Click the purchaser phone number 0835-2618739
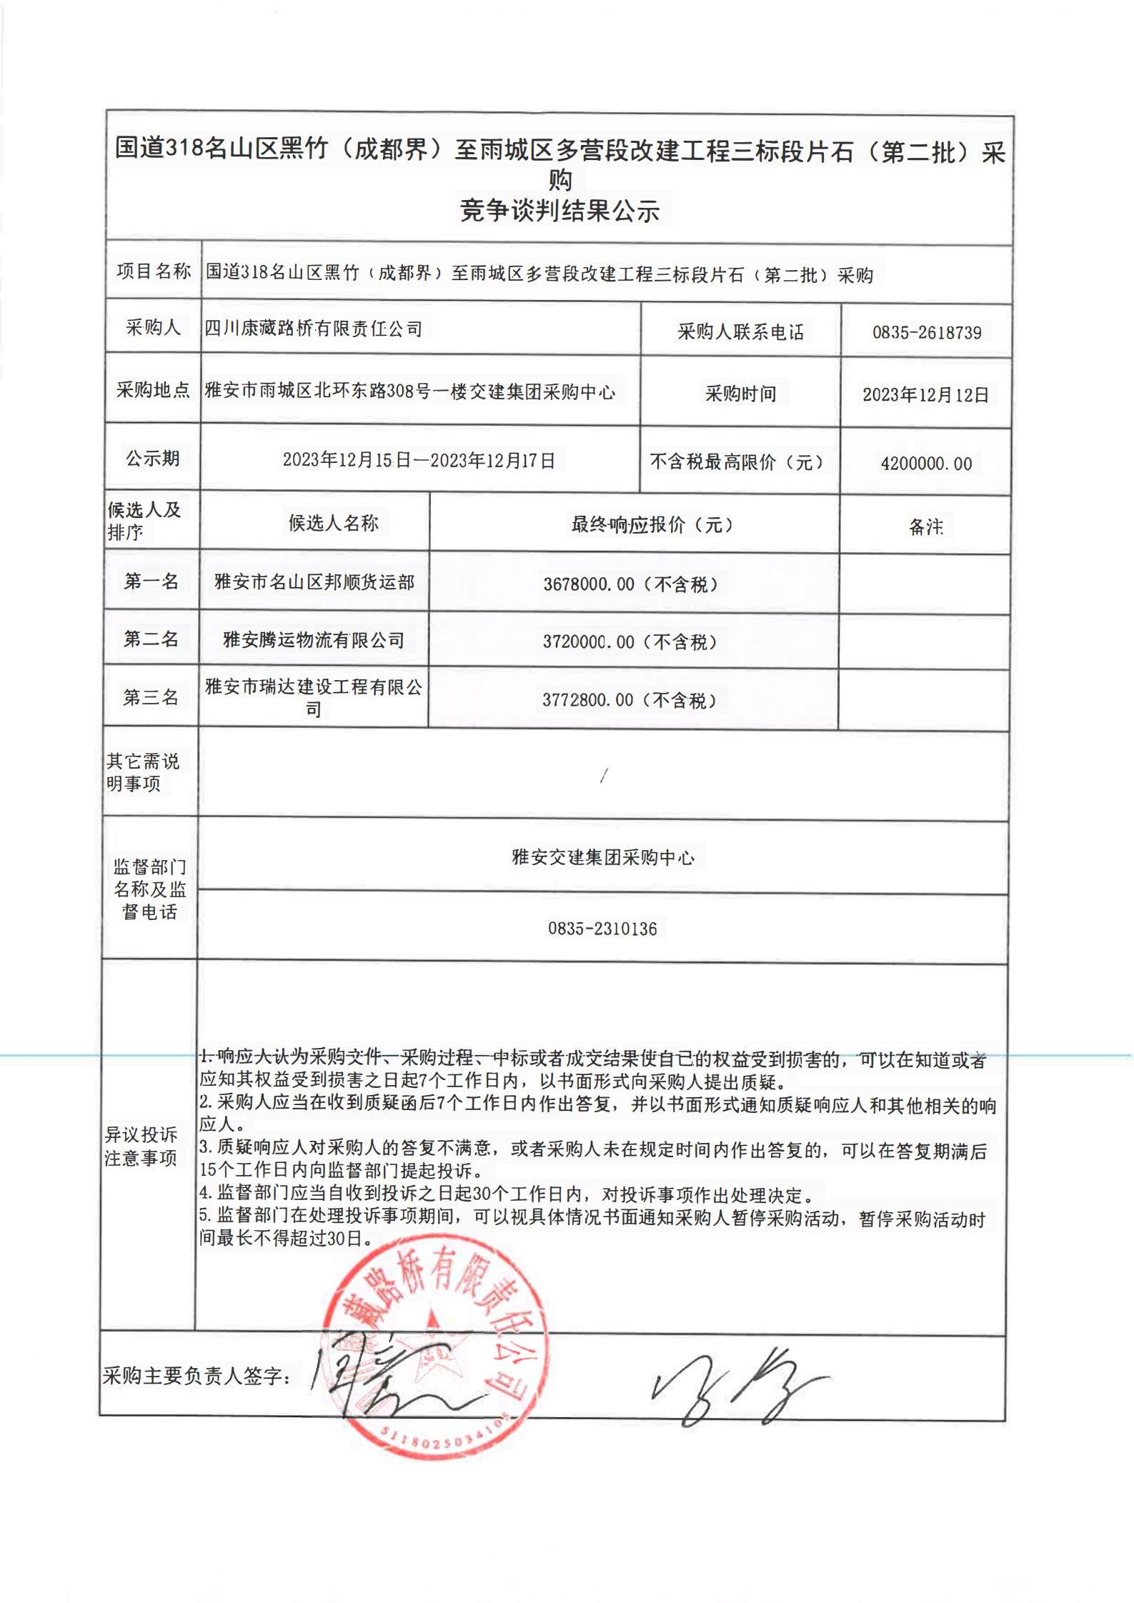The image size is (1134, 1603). coord(926,332)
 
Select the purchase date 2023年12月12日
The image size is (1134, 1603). coord(925,395)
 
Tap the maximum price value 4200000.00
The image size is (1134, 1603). coord(926,464)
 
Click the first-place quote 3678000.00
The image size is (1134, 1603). coord(589,584)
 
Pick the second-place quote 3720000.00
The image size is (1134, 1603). coord(588,641)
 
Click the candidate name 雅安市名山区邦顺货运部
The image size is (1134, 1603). coord(314,582)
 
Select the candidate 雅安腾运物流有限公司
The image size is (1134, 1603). coord(314,640)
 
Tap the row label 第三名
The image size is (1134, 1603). coord(150,697)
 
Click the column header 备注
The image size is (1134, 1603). coord(925,527)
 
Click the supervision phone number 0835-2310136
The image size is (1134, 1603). coord(602,929)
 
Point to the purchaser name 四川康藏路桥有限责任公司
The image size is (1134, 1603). coord(314,329)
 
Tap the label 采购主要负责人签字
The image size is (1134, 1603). coord(197,1376)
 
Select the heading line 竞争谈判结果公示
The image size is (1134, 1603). coord(559,211)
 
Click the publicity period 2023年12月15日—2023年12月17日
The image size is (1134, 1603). coord(419,460)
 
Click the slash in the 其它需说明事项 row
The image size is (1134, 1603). coord(604,775)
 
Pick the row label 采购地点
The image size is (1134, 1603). coord(153,390)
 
